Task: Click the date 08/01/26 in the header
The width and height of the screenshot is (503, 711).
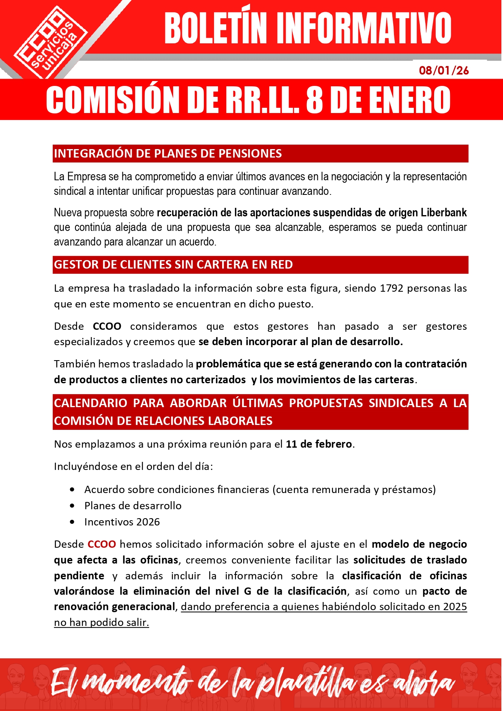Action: click(x=443, y=70)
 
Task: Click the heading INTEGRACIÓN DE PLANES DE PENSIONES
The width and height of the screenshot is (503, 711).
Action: click(x=168, y=154)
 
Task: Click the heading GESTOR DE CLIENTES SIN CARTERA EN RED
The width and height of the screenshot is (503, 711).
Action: click(x=173, y=265)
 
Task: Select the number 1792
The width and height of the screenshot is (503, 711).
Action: click(x=391, y=288)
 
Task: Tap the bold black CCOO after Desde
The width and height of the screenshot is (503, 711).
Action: click(x=107, y=326)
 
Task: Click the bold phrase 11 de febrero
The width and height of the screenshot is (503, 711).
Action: click(x=319, y=444)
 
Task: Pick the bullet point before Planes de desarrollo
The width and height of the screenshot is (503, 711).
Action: click(x=72, y=506)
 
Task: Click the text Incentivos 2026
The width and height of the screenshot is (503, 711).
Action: click(x=122, y=522)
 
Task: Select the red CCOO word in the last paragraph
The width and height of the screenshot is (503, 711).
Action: click(x=102, y=544)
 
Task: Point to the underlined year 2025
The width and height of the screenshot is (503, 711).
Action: click(x=455, y=606)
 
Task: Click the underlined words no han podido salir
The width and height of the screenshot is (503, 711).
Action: click(x=101, y=622)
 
